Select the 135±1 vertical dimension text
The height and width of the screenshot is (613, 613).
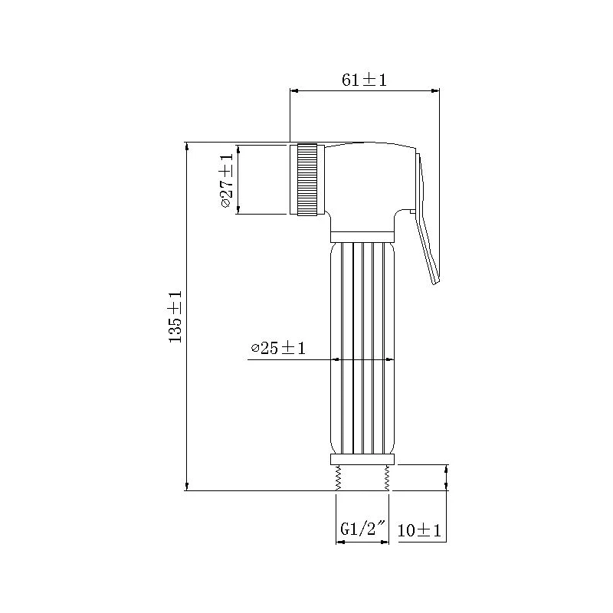pyautogui.click(x=175, y=316)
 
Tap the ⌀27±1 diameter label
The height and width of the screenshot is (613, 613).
pyautogui.click(x=226, y=181)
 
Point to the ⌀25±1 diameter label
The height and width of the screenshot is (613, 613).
pyautogui.click(x=278, y=349)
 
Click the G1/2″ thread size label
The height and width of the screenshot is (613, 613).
pyautogui.click(x=362, y=529)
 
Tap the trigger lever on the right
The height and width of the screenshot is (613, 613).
pyautogui.click(x=426, y=230)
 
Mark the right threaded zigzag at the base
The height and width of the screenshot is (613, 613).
pyautogui.click(x=387, y=478)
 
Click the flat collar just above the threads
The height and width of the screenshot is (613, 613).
pyautogui.click(x=362, y=459)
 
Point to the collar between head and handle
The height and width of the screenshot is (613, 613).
pyautogui.click(x=362, y=237)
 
